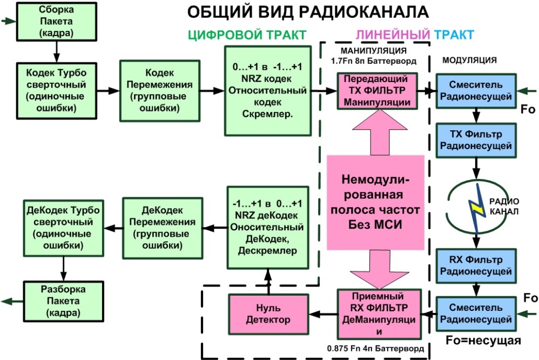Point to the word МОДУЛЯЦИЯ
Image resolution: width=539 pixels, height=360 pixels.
tap(469, 59)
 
